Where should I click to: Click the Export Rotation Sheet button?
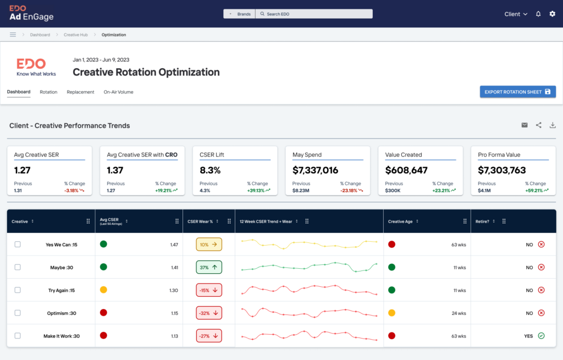pyautogui.click(x=517, y=92)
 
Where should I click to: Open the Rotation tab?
pyautogui.click(x=48, y=92)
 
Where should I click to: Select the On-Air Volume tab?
pyautogui.click(x=118, y=92)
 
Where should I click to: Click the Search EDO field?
pyautogui.click(x=314, y=14)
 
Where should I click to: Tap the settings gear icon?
pyautogui.click(x=553, y=14)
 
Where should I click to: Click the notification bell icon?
pyautogui.click(x=538, y=14)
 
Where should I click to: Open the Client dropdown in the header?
pyautogui.click(x=516, y=14)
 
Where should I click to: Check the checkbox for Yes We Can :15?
pyautogui.click(x=18, y=245)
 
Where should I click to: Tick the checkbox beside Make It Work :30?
pyautogui.click(x=18, y=336)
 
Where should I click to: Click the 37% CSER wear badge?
pyautogui.click(x=209, y=268)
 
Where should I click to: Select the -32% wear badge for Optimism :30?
pyautogui.click(x=209, y=313)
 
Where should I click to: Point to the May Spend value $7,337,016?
pyautogui.click(x=315, y=170)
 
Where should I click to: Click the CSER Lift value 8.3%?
pyautogui.click(x=210, y=170)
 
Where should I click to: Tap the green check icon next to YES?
pyautogui.click(x=541, y=336)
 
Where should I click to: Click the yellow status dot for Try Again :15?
pyautogui.click(x=103, y=290)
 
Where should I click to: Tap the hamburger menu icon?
pyautogui.click(x=13, y=35)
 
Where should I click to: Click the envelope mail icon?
pyautogui.click(x=525, y=125)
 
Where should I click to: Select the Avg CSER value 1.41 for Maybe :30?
pyautogui.click(x=174, y=268)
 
